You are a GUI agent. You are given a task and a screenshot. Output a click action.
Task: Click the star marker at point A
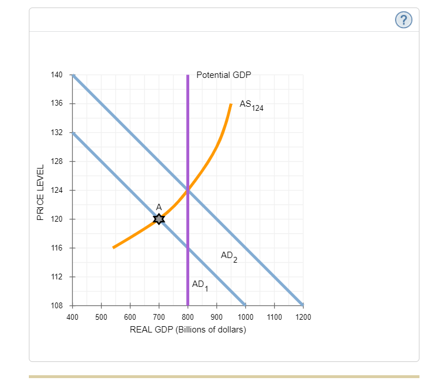[159, 219]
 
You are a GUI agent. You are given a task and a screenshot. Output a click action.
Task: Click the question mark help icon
[404, 20]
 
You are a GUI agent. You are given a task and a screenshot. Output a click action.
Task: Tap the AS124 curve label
[251, 105]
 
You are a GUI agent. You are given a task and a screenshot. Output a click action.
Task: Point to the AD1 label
[199, 285]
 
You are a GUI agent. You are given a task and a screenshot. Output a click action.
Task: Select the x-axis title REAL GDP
[188, 330]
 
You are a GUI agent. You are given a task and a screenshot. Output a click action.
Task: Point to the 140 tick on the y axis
[56, 74]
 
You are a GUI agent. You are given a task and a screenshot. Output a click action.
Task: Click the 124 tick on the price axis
[56, 190]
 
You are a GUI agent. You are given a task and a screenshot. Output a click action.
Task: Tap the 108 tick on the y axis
[56, 305]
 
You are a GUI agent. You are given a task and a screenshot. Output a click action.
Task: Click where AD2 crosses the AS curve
[188, 190]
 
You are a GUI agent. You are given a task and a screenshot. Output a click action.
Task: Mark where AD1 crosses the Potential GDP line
[188, 248]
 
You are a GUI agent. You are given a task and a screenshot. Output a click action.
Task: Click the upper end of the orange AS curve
[231, 104]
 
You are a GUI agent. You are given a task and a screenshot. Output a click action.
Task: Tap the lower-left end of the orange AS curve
[114, 248]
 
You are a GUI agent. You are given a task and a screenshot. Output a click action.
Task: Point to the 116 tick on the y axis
[56, 248]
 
